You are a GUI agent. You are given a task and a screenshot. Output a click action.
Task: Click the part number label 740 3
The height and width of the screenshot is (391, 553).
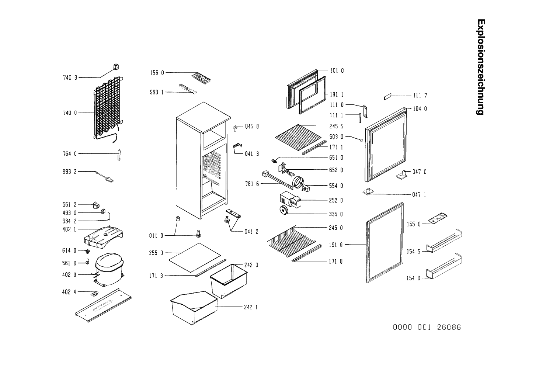[70, 78]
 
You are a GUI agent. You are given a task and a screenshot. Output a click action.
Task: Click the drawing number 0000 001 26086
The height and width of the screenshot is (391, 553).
[427, 328]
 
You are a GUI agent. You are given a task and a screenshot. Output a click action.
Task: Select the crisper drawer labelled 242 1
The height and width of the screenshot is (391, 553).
[193, 307]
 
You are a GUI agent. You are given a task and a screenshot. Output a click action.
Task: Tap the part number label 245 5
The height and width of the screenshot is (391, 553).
[336, 126]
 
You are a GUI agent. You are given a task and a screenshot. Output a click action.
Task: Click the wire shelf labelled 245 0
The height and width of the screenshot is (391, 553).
[291, 240]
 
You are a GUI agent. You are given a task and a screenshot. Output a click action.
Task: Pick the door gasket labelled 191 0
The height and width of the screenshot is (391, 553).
[384, 243]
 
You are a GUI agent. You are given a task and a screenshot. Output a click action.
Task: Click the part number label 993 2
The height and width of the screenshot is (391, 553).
[70, 172]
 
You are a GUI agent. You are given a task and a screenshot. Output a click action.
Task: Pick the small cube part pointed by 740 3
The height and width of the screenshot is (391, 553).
[116, 67]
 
